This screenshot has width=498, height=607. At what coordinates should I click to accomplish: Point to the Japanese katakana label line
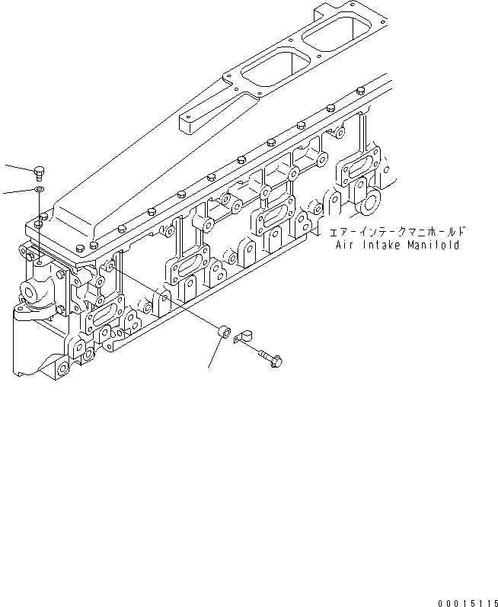392,231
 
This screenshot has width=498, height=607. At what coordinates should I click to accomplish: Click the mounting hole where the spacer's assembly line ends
111,265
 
